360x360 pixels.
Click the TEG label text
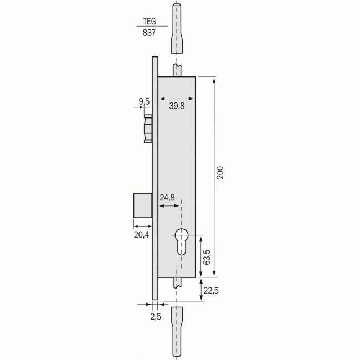[x=149, y=21]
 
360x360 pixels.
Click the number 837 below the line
[x=149, y=33]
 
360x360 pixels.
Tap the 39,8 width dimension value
[x=177, y=106]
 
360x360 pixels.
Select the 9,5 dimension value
[x=144, y=101]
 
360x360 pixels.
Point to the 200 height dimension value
[x=220, y=173]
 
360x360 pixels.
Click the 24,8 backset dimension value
[x=167, y=198]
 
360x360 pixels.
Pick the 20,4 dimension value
[x=141, y=235]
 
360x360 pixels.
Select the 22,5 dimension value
[x=211, y=291]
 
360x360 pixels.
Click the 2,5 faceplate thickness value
[x=156, y=317]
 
